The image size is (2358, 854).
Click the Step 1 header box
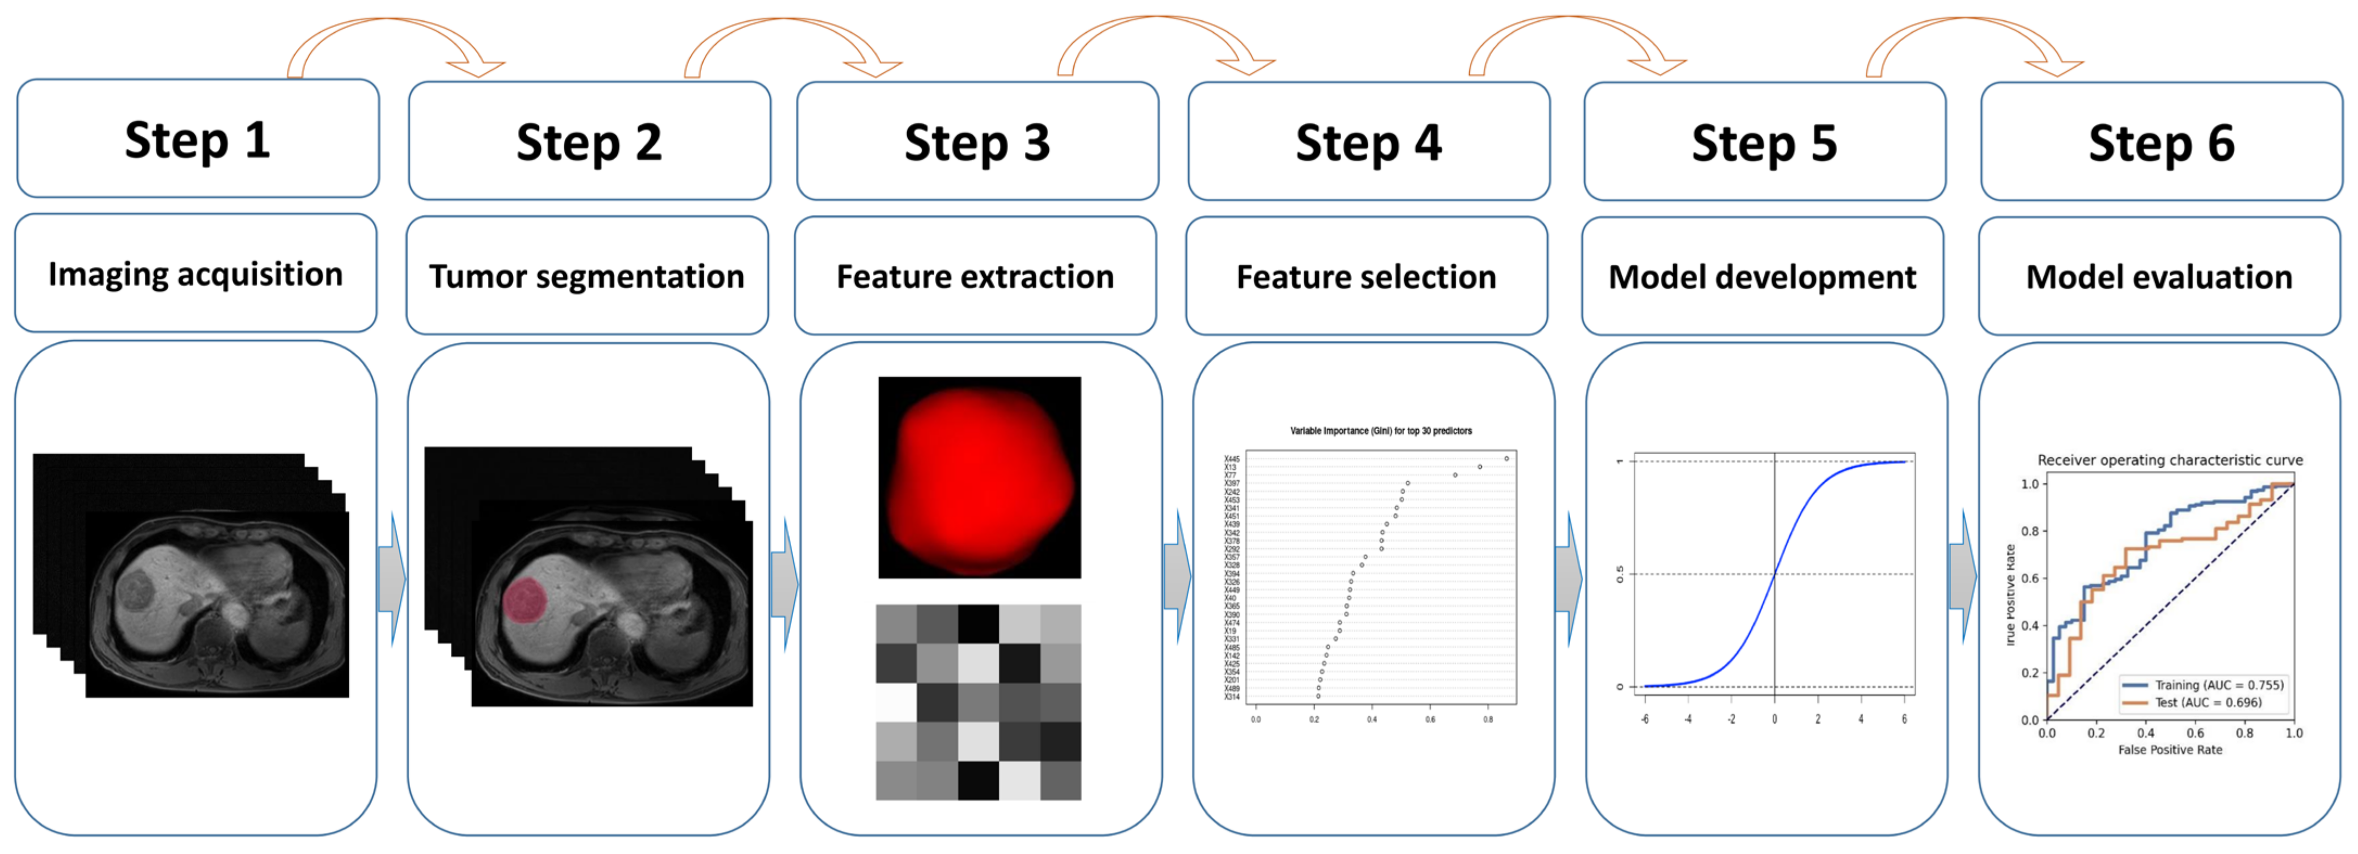pos(197,138)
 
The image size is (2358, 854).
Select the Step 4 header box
pos(1368,141)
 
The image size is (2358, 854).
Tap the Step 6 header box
pos(2161,141)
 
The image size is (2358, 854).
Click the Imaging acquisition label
pos(196,273)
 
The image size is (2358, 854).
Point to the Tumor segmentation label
pos(587,276)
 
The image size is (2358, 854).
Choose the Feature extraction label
pos(975,276)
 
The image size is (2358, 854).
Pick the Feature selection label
pos(1366,276)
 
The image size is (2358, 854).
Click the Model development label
pos(1762,276)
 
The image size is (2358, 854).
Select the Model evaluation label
pos(2158,276)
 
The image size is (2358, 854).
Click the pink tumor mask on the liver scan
pos(525,601)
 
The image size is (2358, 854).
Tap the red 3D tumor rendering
pos(979,478)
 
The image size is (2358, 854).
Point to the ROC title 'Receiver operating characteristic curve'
pos(2169,460)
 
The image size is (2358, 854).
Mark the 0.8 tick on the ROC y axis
pos(2029,531)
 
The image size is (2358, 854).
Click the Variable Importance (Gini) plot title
pos(1380,430)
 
